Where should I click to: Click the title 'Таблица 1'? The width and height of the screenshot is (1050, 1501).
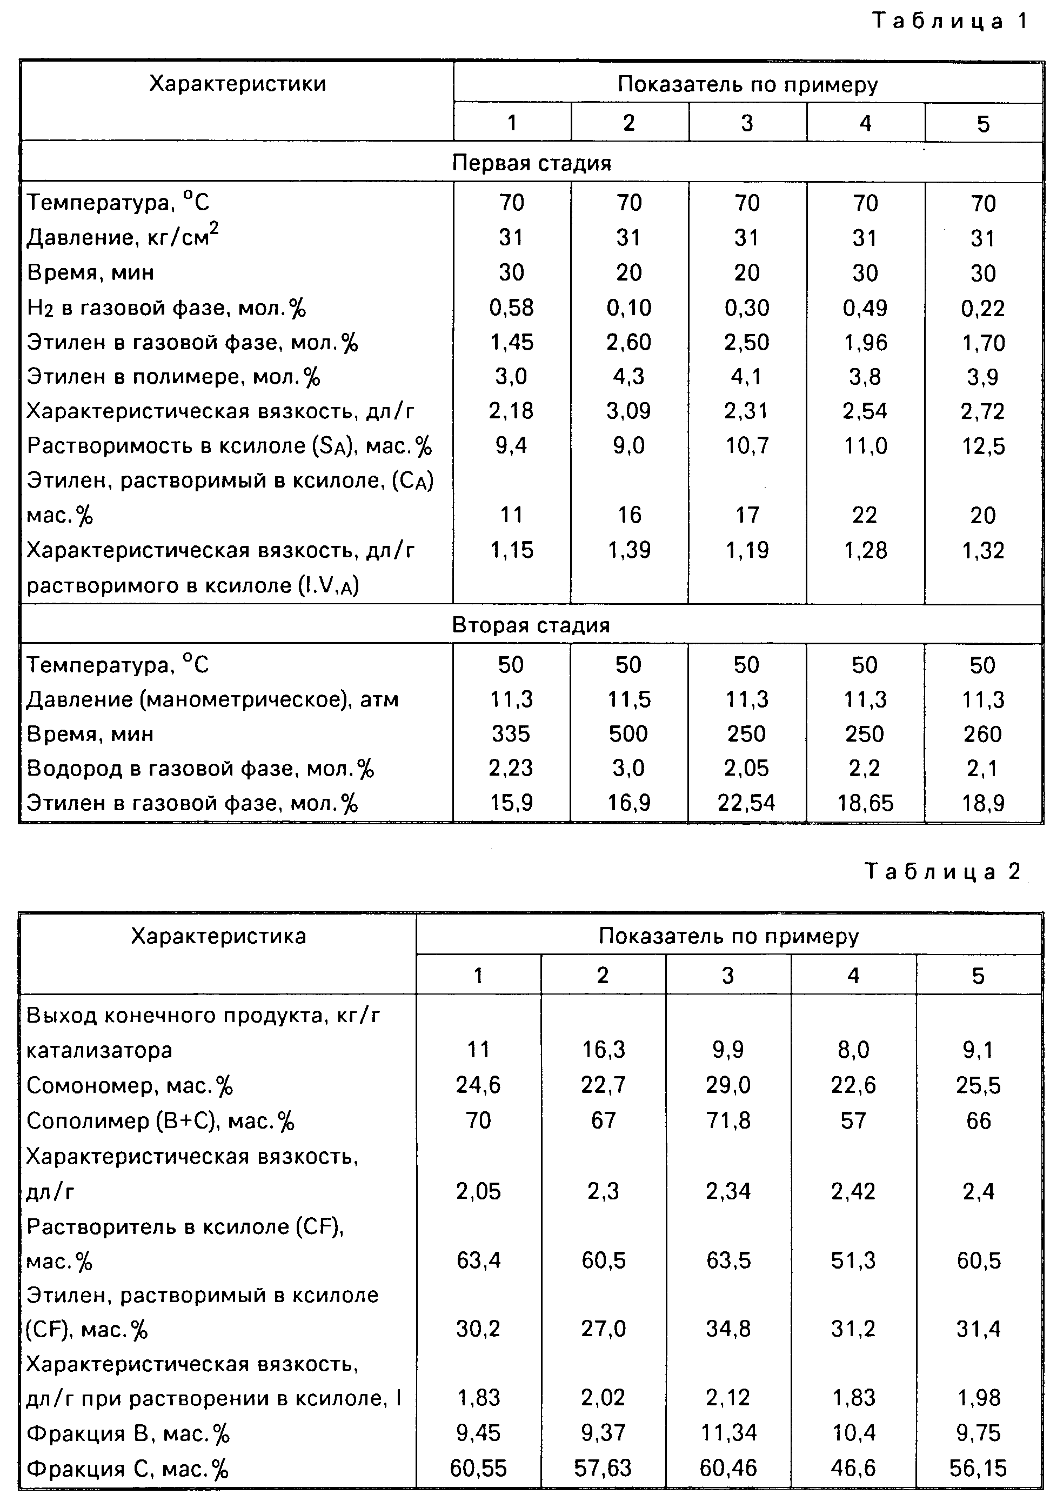click(950, 21)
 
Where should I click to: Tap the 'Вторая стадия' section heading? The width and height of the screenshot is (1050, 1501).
click(531, 625)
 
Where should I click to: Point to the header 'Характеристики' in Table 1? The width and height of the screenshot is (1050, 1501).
click(237, 84)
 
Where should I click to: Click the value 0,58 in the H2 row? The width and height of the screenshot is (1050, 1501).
click(511, 307)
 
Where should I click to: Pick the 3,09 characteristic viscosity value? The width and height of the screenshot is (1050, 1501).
click(629, 411)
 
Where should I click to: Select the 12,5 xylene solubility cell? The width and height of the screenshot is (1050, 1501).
click(982, 446)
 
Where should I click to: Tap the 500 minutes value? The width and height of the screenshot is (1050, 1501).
click(628, 733)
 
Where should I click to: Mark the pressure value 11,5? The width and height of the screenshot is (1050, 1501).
click(628, 699)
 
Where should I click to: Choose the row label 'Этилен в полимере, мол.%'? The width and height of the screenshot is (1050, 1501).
click(174, 377)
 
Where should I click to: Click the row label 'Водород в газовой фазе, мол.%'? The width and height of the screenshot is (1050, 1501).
click(200, 769)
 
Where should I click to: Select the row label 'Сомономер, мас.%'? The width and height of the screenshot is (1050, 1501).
click(130, 1086)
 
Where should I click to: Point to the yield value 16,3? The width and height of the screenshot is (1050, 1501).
click(604, 1050)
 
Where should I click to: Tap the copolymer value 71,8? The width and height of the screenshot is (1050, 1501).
click(728, 1120)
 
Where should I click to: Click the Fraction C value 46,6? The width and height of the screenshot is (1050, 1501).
click(853, 1469)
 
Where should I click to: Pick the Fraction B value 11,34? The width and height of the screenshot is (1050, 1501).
click(728, 1433)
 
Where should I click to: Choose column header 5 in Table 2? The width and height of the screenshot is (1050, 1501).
click(978, 976)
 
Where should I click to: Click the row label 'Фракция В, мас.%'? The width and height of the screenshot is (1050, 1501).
click(128, 1433)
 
